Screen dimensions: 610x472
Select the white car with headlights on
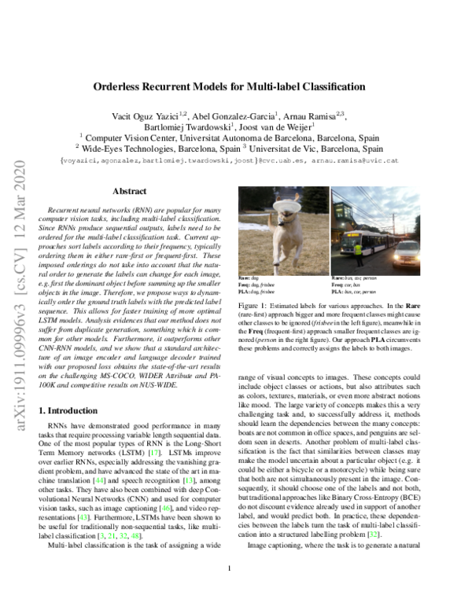pyautogui.click(x=410, y=255)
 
